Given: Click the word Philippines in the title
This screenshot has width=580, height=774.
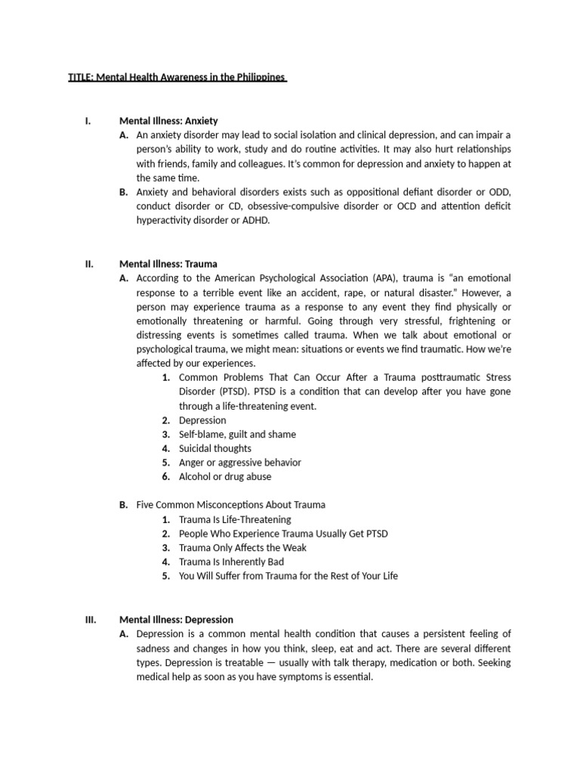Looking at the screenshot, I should point(260,77).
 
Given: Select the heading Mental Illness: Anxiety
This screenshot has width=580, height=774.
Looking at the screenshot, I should point(168,120).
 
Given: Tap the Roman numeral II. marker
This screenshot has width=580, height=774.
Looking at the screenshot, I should point(88,264).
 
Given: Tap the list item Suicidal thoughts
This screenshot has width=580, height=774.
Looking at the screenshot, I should point(215,448).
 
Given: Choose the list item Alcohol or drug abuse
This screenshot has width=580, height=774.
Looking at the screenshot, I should point(225,477).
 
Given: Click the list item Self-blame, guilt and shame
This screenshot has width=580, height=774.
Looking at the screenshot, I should point(237,435).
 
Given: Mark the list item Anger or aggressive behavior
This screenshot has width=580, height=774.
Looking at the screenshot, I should point(239,463).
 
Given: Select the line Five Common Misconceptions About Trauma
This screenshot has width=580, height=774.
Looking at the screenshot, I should point(230,505).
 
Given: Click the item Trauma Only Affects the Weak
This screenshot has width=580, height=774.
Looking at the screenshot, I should point(242,548).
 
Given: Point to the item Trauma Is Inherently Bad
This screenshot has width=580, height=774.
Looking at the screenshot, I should point(231,562).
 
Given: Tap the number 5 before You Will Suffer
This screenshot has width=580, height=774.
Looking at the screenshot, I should point(165,576).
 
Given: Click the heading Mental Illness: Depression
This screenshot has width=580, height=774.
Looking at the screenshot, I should point(176,619).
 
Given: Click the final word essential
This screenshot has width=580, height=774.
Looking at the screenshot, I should point(351,676).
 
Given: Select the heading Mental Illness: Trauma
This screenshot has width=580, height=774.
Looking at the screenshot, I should point(168,264).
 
